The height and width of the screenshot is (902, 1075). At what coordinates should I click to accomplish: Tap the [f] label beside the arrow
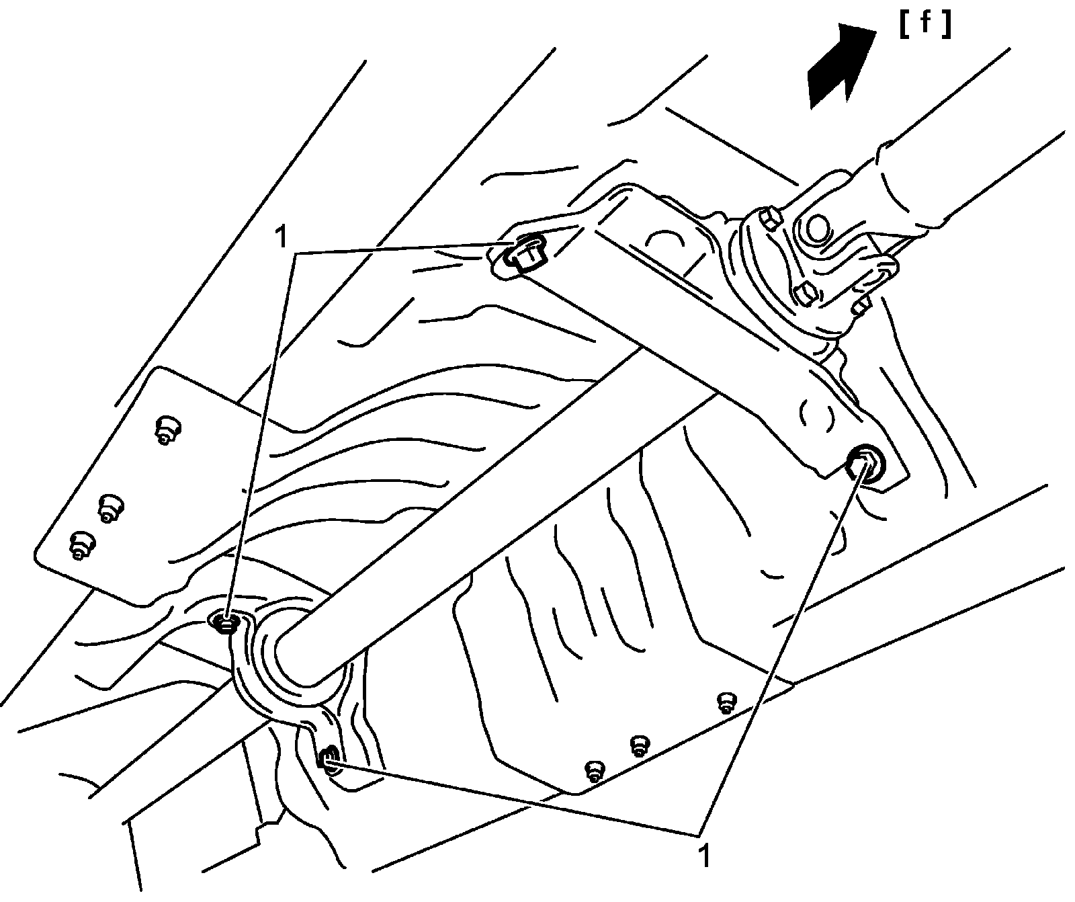[925, 25]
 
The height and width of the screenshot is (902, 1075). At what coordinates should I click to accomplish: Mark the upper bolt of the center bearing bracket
[226, 623]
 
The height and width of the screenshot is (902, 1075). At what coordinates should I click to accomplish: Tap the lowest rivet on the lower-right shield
[593, 770]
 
